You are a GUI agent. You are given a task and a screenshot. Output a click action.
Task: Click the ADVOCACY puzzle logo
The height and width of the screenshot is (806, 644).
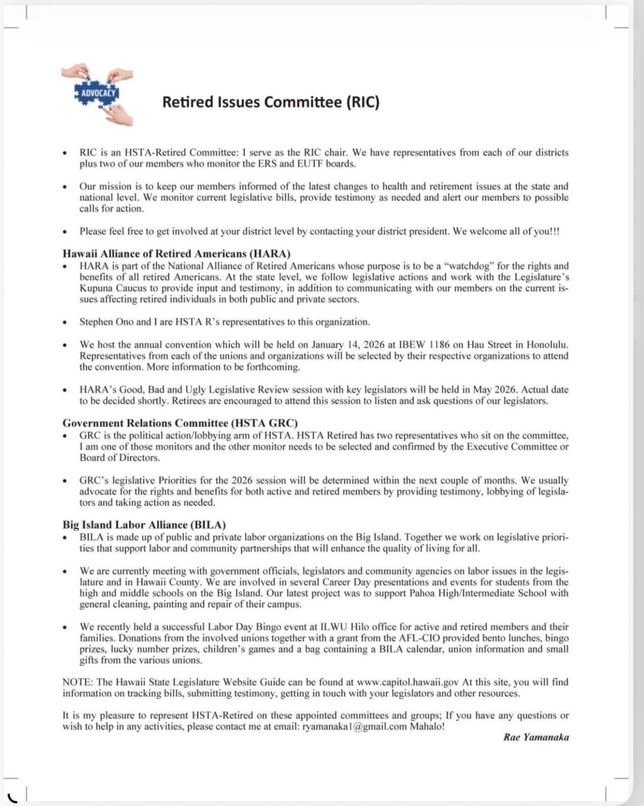tap(97, 94)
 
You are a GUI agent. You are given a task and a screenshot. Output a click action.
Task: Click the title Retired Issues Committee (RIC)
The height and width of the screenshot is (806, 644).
tap(270, 102)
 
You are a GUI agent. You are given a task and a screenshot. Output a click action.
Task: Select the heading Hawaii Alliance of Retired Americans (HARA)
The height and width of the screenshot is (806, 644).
tap(176, 254)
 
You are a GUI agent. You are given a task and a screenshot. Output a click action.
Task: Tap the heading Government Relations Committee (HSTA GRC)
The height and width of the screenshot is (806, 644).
tap(180, 423)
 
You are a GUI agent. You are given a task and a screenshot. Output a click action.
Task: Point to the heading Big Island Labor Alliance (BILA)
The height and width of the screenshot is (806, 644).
tap(144, 525)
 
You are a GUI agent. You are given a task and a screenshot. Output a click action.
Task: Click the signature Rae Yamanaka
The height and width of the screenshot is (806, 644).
tap(536, 737)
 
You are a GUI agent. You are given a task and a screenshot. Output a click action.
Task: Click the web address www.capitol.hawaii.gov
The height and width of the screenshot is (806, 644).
tap(408, 682)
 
